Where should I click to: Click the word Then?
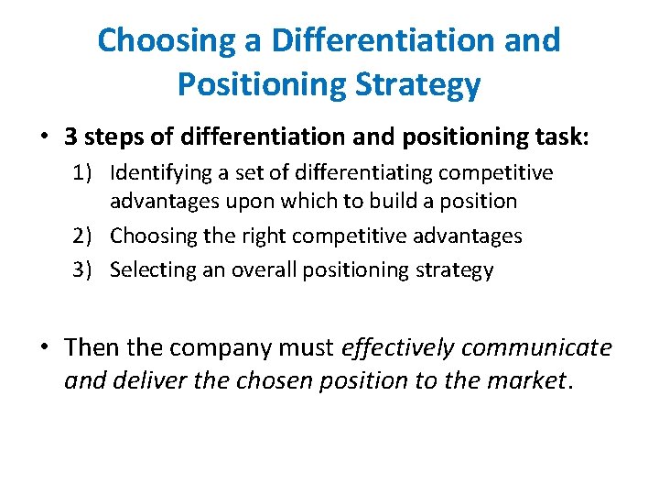click(x=93, y=347)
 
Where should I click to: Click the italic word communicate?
click(x=536, y=347)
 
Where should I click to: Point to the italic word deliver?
click(x=142, y=380)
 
